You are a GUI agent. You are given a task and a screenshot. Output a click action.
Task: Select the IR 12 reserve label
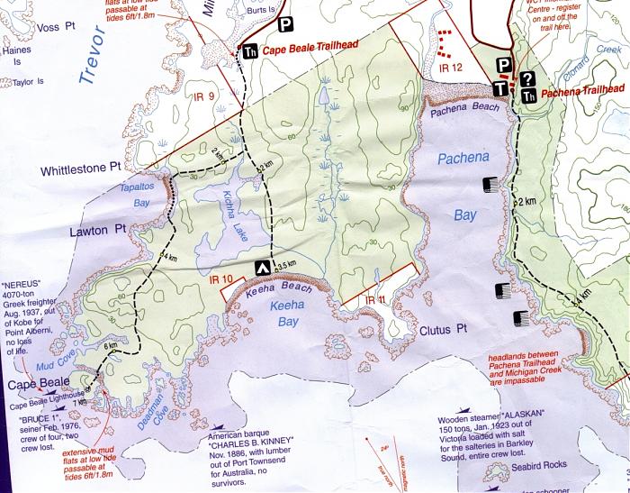click(x=450, y=68)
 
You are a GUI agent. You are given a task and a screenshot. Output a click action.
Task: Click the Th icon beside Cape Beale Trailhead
click(x=248, y=51)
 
